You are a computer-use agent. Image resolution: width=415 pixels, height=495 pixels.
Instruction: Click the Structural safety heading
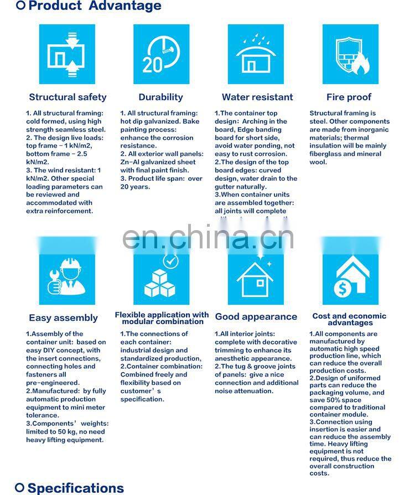pyautogui.click(x=68, y=97)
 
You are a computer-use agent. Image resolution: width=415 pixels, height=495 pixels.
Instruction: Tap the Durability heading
pyautogui.click(x=160, y=97)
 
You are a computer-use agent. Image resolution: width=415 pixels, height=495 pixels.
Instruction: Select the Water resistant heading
pyautogui.click(x=257, y=97)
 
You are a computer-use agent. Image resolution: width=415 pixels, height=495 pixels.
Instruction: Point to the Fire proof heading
pyautogui.click(x=349, y=97)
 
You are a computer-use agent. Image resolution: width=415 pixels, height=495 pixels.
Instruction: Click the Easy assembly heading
pyautogui.click(x=63, y=318)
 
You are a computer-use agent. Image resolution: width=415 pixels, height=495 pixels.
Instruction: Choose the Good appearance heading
pyautogui.click(x=256, y=317)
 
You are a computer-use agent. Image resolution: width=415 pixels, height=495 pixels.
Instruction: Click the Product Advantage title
pyautogui.click(x=95, y=7)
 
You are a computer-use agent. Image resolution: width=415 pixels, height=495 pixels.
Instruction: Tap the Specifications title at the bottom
pyautogui.click(x=76, y=488)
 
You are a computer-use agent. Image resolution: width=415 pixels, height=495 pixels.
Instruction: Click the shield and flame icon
pyautogui.click(x=350, y=54)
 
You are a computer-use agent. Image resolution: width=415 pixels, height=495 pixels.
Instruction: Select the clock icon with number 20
pyautogui.click(x=161, y=54)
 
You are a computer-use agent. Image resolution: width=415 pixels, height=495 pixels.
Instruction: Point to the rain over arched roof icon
pyautogui.click(x=256, y=54)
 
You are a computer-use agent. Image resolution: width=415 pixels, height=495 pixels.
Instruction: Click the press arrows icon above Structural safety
pyautogui.click(x=67, y=54)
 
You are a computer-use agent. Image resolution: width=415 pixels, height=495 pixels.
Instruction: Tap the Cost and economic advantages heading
pyautogui.click(x=349, y=319)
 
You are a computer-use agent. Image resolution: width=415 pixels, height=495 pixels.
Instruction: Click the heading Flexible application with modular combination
pyautogui.click(x=162, y=318)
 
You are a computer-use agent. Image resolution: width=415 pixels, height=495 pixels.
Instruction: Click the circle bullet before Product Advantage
pyautogui.click(x=20, y=6)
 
